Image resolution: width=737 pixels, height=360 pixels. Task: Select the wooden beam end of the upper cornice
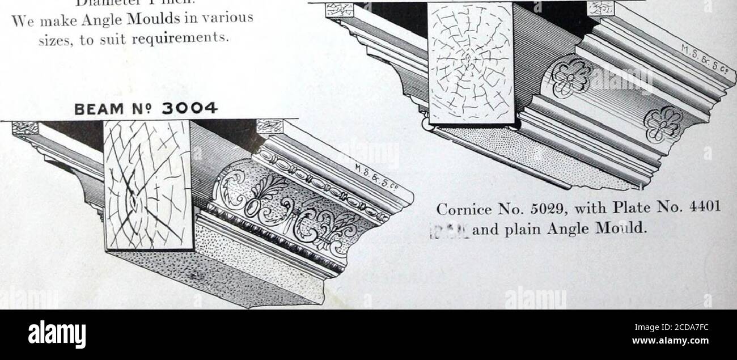click(x=471, y=62)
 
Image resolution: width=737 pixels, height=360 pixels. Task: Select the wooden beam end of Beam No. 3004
click(x=149, y=184)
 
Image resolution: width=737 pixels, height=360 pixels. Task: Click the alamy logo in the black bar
click(x=57, y=334)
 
